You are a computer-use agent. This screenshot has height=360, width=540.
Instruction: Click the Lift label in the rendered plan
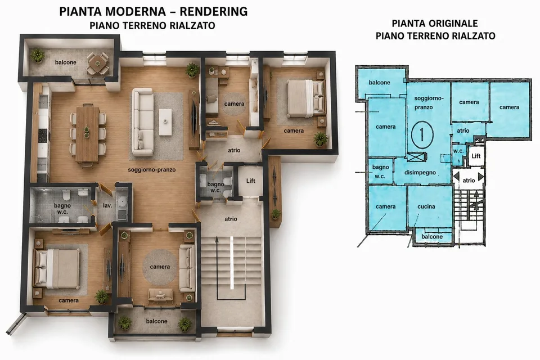point(251,181)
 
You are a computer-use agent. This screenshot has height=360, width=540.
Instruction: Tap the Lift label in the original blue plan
point(476,156)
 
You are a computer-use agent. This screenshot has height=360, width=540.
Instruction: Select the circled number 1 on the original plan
point(422,134)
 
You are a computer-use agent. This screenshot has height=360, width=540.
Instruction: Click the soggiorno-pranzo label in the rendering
point(152,170)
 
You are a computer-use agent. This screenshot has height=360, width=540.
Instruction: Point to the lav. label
point(107,206)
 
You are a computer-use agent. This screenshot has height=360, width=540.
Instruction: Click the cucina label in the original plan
point(426,206)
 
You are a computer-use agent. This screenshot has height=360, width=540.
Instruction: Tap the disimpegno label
point(420,173)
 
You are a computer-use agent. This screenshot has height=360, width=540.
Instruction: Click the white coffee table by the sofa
point(165,122)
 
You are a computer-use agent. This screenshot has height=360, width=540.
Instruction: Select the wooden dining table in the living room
point(88,134)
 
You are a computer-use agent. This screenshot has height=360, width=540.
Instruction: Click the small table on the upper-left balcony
point(97,64)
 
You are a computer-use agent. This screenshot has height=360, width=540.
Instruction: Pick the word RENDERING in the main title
point(214,11)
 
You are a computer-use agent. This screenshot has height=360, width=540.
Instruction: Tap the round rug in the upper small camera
point(234,104)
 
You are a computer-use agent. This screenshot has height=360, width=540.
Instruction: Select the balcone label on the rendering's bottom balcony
point(157,321)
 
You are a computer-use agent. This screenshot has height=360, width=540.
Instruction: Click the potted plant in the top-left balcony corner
point(37,56)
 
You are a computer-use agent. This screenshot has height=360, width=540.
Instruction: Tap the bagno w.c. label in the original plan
point(381,172)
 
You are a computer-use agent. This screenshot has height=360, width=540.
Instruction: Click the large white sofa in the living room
point(142,122)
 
